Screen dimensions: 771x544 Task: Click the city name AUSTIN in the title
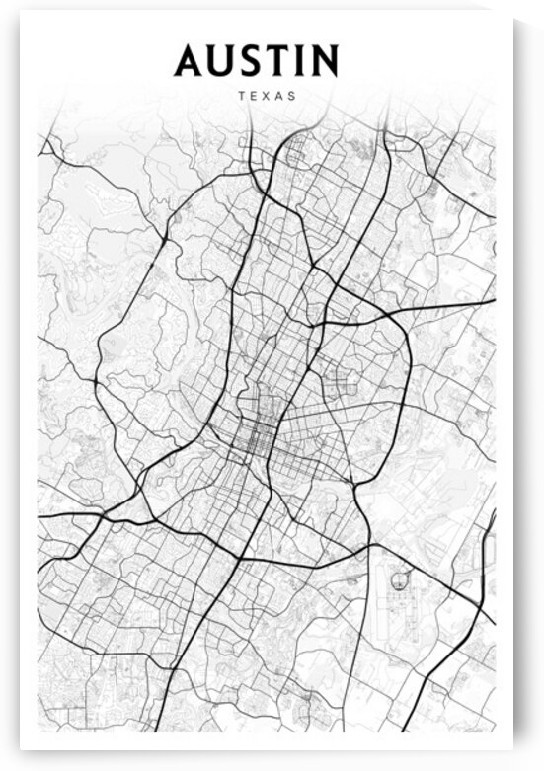(256, 61)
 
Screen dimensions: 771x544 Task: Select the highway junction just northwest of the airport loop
(371, 545)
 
